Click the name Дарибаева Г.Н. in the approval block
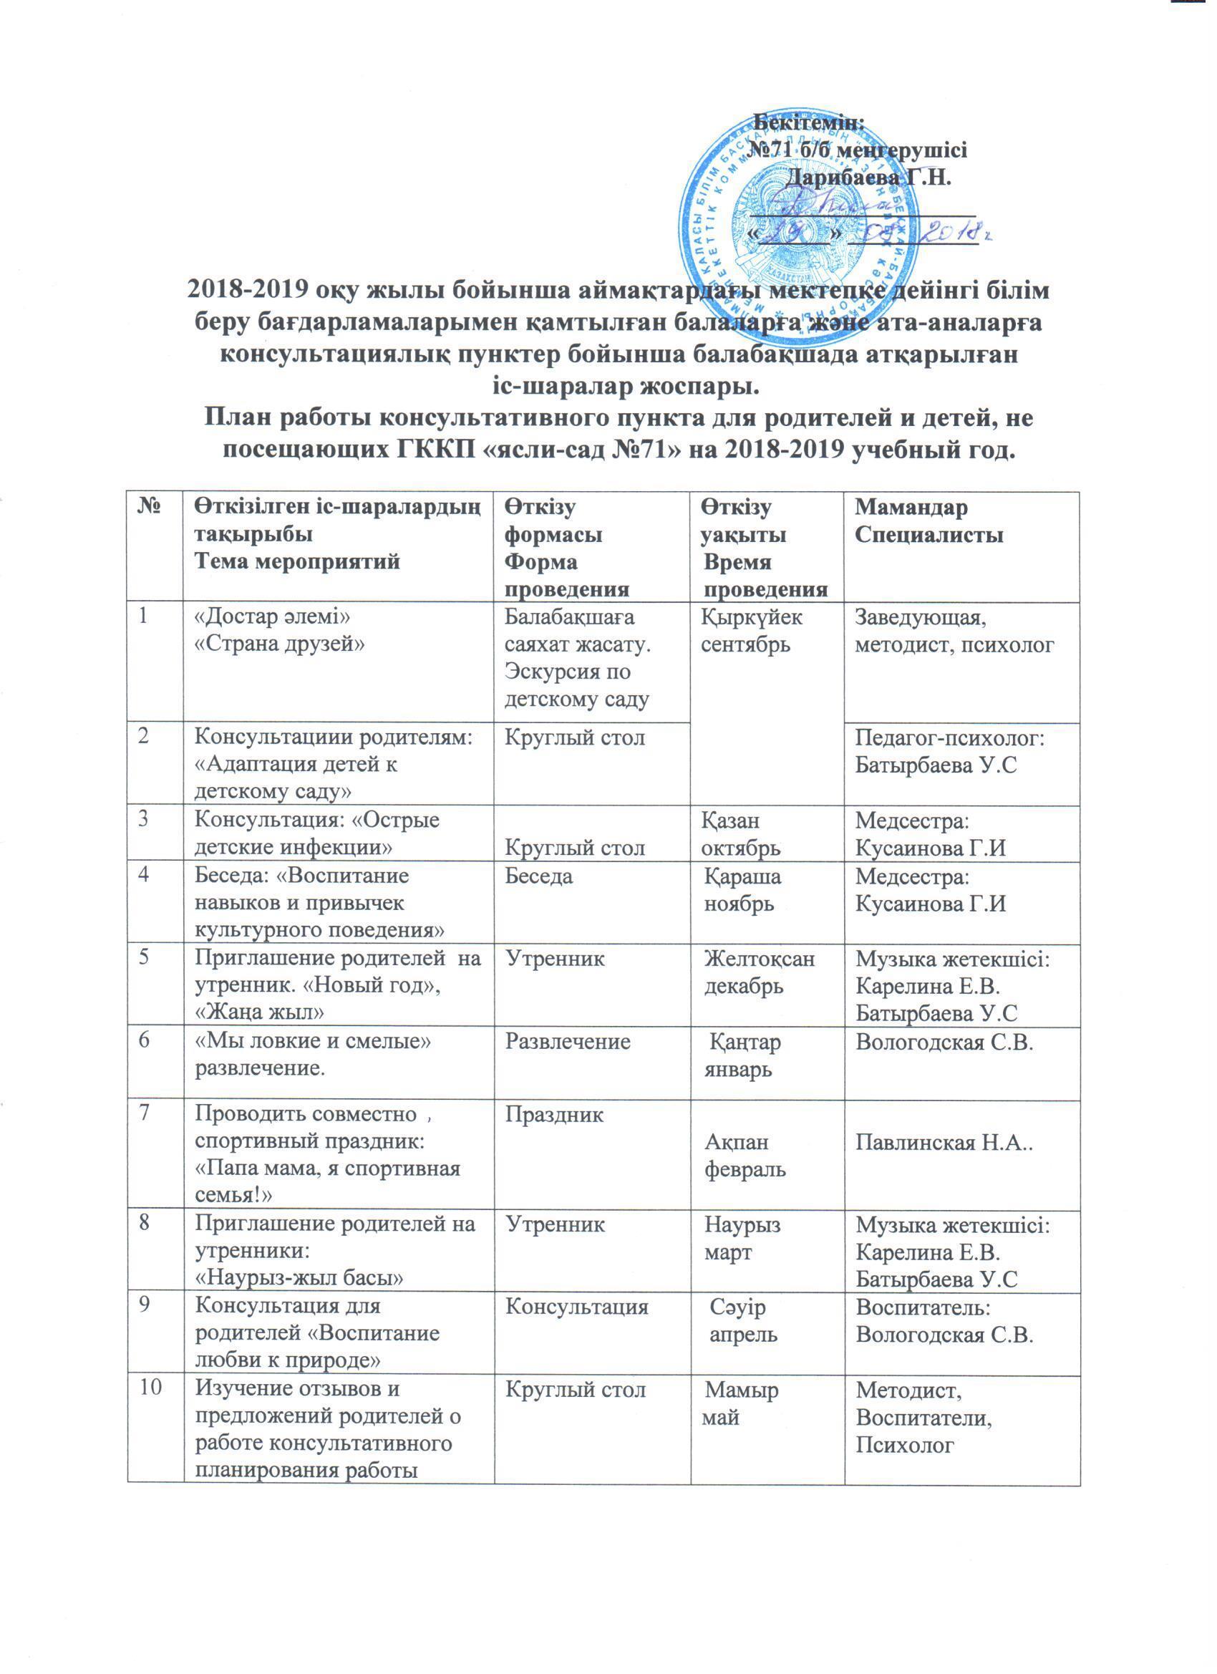(869, 178)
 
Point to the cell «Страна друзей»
(280, 644)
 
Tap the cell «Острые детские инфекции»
(316, 834)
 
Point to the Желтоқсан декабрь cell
(760, 973)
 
